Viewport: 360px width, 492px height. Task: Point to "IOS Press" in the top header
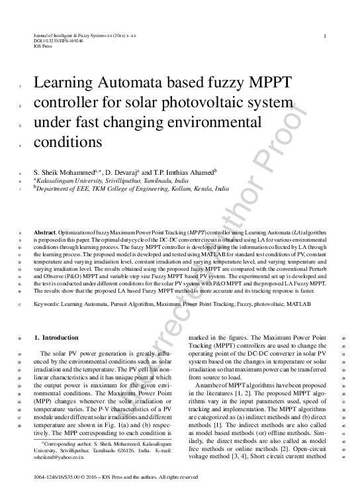[42, 46]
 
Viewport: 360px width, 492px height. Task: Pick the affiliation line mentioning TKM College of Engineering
[132, 189]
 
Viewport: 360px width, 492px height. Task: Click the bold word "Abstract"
[45, 234]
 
